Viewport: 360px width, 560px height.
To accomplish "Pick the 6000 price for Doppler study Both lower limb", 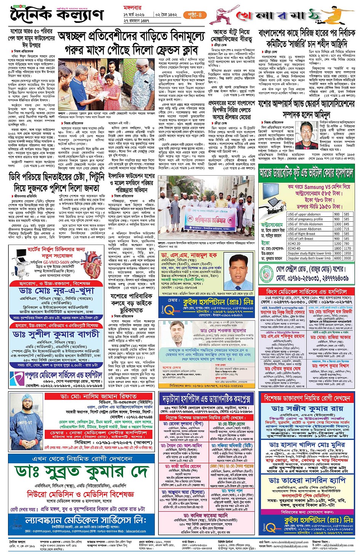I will click(337, 258).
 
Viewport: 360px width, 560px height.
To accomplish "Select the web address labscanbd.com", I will click(135, 531).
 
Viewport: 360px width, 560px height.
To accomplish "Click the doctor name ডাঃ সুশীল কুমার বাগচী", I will click(56, 334).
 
